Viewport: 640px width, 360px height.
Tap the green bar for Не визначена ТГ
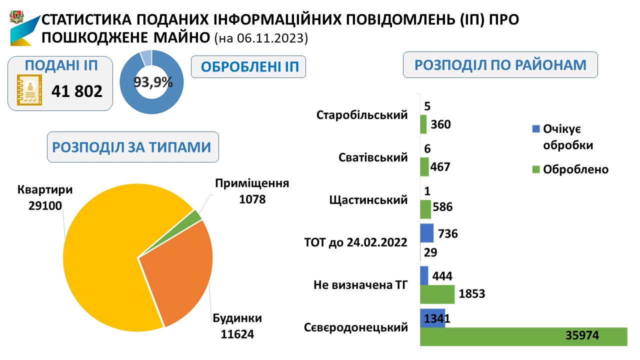coord(437,294)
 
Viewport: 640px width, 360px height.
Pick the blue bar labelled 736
coord(426,233)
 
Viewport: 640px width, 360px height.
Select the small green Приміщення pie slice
coord(196,215)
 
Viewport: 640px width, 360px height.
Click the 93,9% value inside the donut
coord(153,82)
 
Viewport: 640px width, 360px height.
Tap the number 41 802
coord(77,91)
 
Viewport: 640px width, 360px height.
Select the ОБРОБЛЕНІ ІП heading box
coord(248,67)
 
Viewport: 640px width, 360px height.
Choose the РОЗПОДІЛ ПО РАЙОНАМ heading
coord(500,65)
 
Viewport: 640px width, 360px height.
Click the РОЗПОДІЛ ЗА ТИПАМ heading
coord(132,147)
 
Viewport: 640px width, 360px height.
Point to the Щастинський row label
coord(368,200)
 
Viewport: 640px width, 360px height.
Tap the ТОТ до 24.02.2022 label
coord(355,243)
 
